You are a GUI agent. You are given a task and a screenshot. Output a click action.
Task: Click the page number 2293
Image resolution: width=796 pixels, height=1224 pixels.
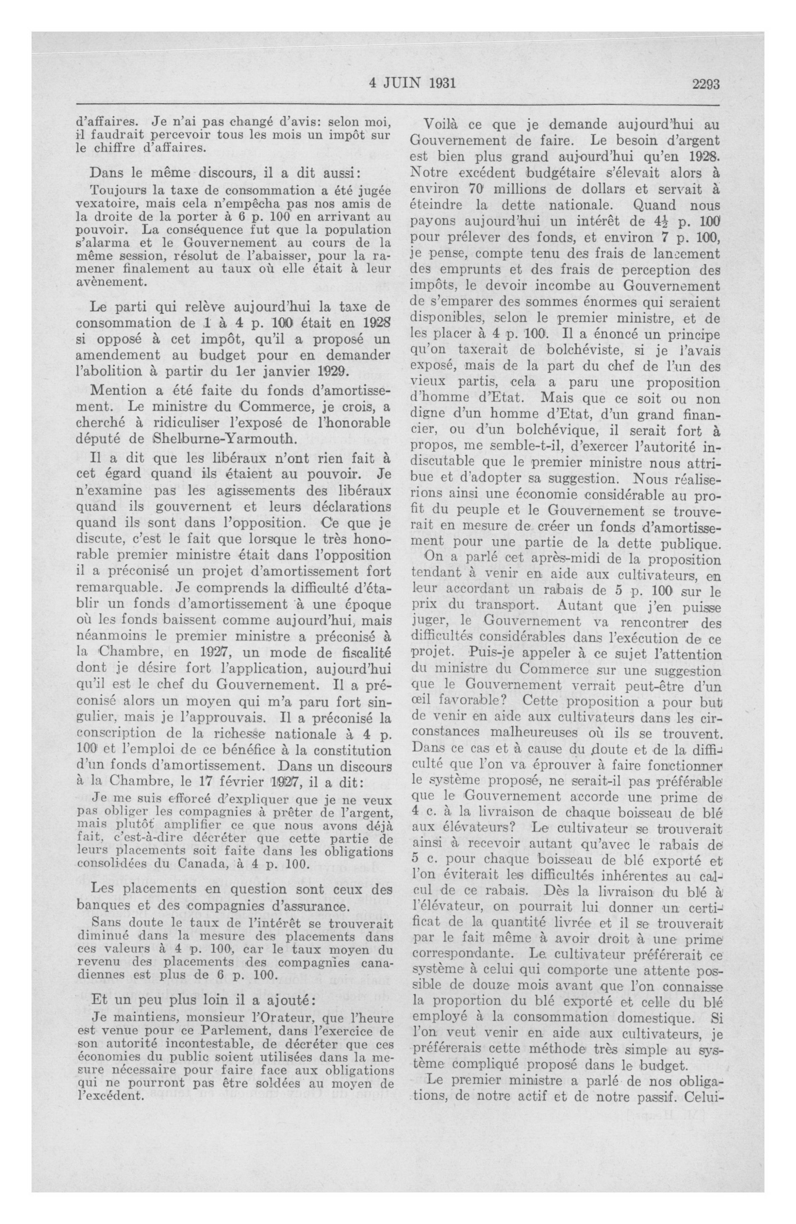tap(705, 84)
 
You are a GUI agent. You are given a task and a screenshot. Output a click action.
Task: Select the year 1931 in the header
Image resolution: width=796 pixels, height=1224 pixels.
tap(441, 83)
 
